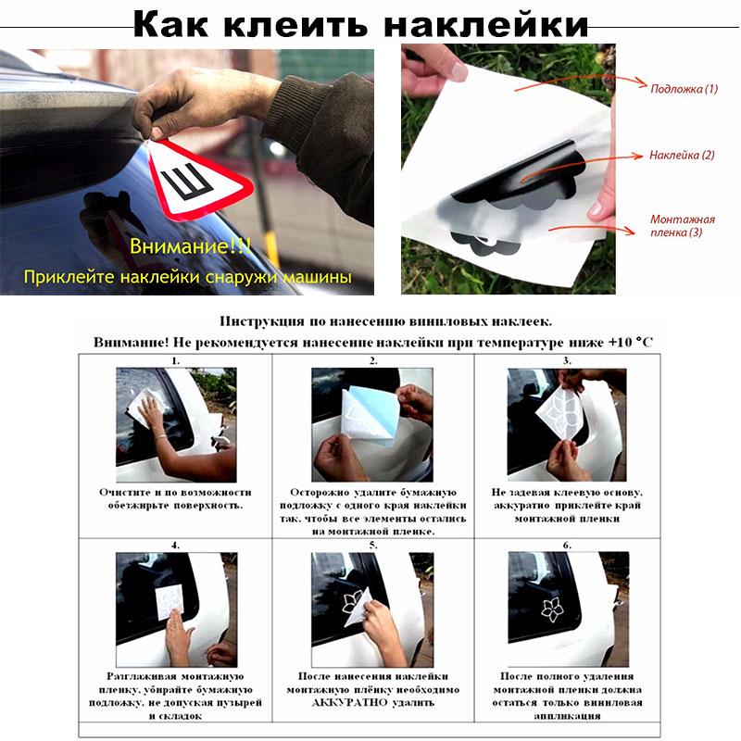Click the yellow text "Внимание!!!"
click(190, 247)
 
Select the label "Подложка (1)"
click(684, 89)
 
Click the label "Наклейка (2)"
click(682, 155)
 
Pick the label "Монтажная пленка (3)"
click(682, 226)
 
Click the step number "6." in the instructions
click(567, 546)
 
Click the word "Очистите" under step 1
click(126, 493)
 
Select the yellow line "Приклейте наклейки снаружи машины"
click(188, 276)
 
